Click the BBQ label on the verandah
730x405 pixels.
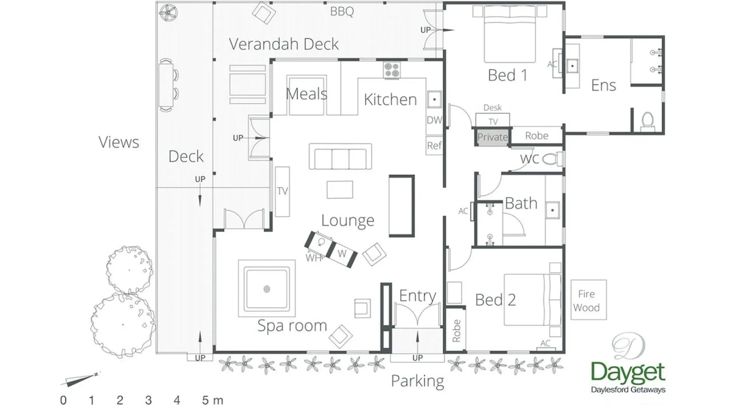pos(342,11)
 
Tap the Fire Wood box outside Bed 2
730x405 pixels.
pos(588,300)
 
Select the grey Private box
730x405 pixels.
pos(492,137)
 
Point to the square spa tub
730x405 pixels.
pos(266,288)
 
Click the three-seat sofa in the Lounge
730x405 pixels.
pos(340,156)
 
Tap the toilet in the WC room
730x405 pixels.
pos(552,159)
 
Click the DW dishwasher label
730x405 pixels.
pos(434,120)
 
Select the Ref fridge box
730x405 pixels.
pos(434,145)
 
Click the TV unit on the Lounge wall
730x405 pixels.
pos(283,191)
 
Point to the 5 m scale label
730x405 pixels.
pos(213,400)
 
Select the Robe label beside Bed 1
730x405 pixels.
pos(537,136)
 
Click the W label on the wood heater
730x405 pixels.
pos(342,254)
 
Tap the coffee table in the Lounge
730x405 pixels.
pos(340,190)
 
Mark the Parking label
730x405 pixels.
pos(417,382)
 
